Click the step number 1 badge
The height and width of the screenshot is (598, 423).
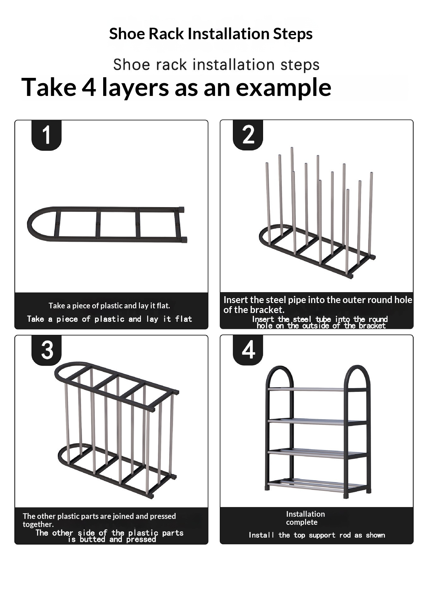[x=46, y=135]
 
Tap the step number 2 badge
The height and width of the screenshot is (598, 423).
[x=248, y=135]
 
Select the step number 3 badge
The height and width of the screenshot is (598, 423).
[x=46, y=350]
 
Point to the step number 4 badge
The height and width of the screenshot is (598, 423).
[x=248, y=350]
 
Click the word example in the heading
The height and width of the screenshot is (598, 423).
[x=283, y=88]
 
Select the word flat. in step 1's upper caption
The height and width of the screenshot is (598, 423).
[x=163, y=306]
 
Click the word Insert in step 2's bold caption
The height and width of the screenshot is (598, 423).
[x=236, y=300]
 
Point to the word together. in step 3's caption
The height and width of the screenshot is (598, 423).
[x=38, y=524]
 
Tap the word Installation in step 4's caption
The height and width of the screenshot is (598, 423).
[x=305, y=514]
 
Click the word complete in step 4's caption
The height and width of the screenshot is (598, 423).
[x=302, y=522]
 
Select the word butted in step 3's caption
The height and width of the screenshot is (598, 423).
[x=92, y=539]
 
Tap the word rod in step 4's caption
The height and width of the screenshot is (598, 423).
[x=345, y=535]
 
